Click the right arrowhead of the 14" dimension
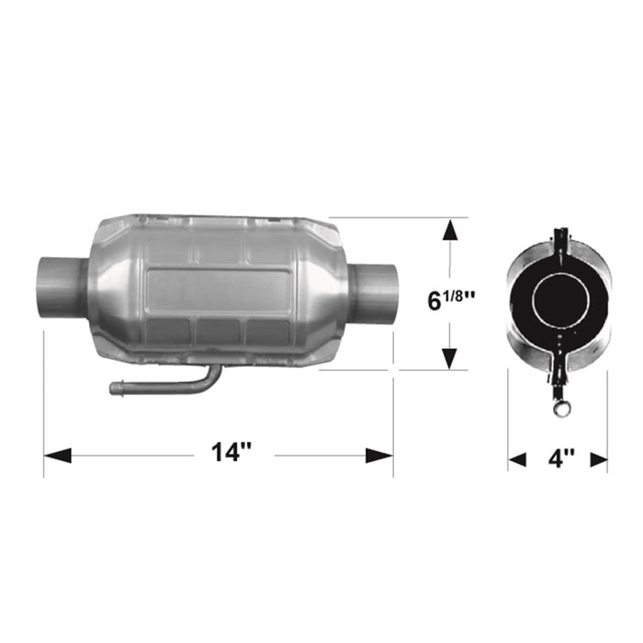380,455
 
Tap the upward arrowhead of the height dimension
448,229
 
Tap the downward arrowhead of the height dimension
448,359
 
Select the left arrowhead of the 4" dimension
518,458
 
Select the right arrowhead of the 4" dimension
598,458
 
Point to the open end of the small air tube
114,389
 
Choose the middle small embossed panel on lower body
219,332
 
